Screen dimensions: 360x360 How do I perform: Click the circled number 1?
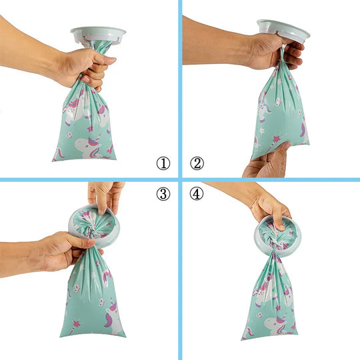point(163,163)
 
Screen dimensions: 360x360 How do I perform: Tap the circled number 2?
point(197,163)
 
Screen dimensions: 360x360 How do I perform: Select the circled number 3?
point(163,194)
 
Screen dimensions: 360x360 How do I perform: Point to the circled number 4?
point(197,194)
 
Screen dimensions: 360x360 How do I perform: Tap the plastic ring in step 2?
point(284,30)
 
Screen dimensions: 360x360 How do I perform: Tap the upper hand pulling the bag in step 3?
point(106,196)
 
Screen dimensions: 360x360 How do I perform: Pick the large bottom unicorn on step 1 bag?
point(89,147)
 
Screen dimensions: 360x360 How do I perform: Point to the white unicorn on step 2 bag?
point(264,110)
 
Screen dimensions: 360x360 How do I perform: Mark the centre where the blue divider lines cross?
point(180,179)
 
